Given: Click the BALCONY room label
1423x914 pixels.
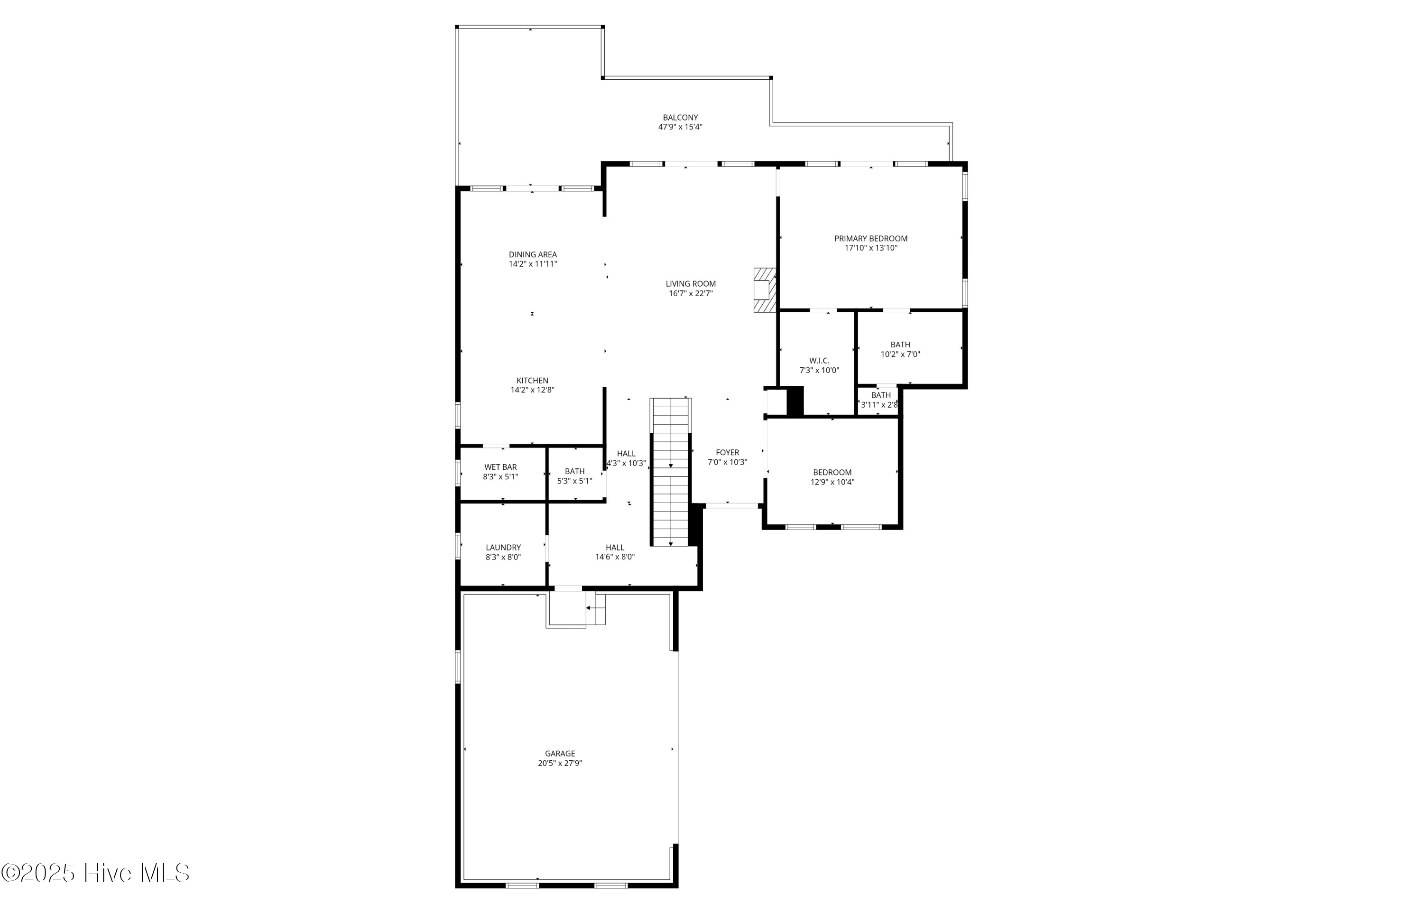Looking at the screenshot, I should tap(680, 118).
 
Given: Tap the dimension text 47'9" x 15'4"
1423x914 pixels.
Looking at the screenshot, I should tap(680, 127).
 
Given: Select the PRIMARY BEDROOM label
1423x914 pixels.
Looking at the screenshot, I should tap(870, 239).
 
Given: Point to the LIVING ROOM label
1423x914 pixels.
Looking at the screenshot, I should tap(691, 284).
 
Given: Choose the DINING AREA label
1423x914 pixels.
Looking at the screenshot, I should tap(532, 255).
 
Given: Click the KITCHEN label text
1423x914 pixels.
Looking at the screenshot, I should tap(532, 381).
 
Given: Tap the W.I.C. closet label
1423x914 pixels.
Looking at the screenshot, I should tap(819, 361).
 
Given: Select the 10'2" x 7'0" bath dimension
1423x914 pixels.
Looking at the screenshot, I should tap(900, 354).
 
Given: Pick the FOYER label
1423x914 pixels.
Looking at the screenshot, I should tap(727, 452).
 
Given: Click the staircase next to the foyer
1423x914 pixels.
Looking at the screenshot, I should tap(671, 472).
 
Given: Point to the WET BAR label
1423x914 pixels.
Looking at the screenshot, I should tap(500, 467).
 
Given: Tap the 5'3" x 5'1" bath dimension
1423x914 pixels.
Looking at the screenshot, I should tap(574, 481).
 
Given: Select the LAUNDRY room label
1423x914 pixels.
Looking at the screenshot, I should tap(503, 547).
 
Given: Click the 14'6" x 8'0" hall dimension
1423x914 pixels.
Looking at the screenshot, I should tap(615, 557).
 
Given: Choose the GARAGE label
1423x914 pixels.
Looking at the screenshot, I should tap(559, 754).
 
